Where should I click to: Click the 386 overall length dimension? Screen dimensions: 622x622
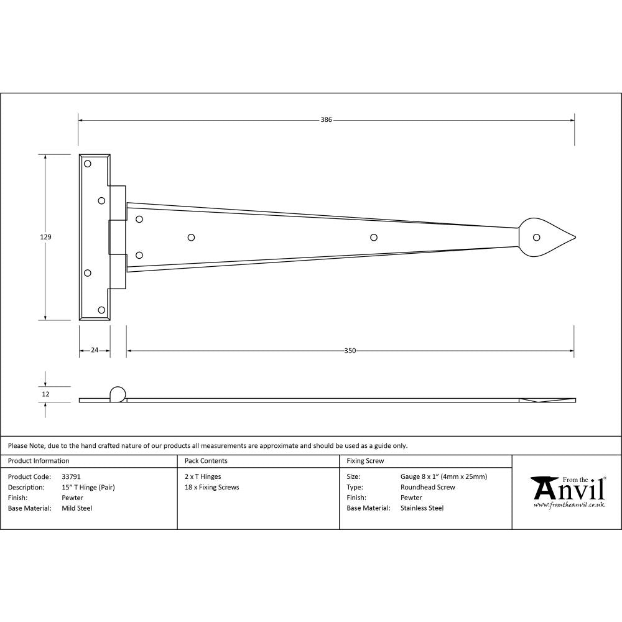pyautogui.click(x=326, y=120)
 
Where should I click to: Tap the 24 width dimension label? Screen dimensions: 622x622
pyautogui.click(x=95, y=351)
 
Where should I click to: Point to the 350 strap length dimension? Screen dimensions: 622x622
pyautogui.click(x=350, y=351)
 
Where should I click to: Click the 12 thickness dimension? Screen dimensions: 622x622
pyautogui.click(x=45, y=394)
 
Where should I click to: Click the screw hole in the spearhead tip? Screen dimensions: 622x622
pyautogui.click(x=536, y=237)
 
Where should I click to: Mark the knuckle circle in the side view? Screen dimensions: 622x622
pyautogui.click(x=117, y=394)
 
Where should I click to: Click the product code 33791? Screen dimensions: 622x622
pyautogui.click(x=71, y=477)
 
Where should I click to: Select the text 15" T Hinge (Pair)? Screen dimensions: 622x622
pyautogui.click(x=88, y=488)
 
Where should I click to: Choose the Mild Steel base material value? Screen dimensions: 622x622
pyautogui.click(x=77, y=508)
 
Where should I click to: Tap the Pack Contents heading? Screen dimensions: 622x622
pyautogui.click(x=206, y=461)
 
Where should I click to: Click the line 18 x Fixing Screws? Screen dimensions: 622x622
pyautogui.click(x=212, y=488)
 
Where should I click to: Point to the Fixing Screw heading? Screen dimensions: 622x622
pyautogui.click(x=365, y=461)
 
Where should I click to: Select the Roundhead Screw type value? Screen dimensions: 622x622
pyautogui.click(x=428, y=488)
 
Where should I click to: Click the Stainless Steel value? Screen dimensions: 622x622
pyautogui.click(x=422, y=508)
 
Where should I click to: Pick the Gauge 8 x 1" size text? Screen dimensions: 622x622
pyautogui.click(x=443, y=477)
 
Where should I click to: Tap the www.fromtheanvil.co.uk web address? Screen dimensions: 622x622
pyautogui.click(x=569, y=506)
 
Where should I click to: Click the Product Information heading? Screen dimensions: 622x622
pyautogui.click(x=39, y=461)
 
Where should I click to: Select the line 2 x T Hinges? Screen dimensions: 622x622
pyautogui.click(x=203, y=477)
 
